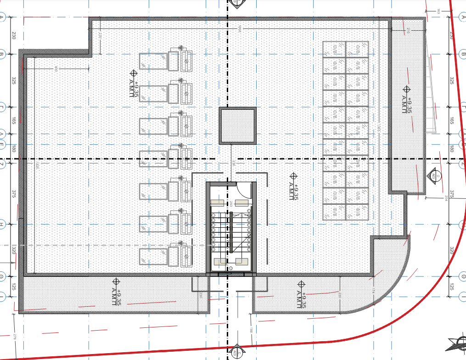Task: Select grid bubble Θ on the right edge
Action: pos(462,276)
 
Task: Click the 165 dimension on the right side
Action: pos(452,121)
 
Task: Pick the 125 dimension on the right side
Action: pos(452,287)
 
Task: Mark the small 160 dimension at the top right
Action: pos(438,11)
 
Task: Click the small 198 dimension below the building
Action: pos(251,330)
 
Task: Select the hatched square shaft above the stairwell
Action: pos(237,125)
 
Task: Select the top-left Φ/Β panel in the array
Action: pos(334,49)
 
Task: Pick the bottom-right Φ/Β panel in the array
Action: pos(357,212)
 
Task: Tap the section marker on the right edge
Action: pos(433,175)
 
